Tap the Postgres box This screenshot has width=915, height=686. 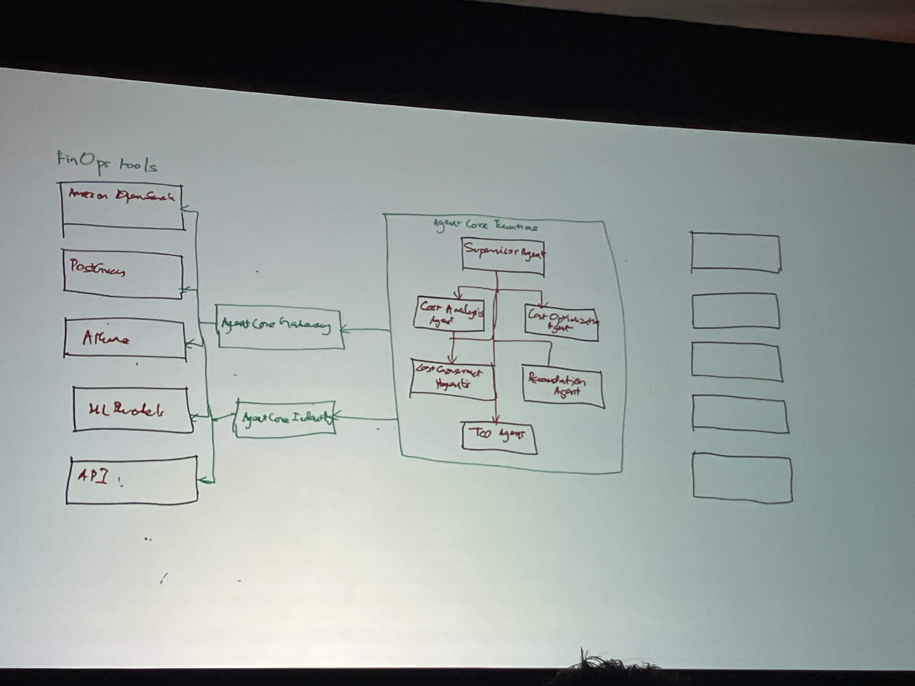tap(123, 274)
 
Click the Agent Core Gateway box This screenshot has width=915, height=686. tap(280, 327)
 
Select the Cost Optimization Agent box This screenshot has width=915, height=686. tap(561, 323)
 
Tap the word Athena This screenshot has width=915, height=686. tap(106, 338)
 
